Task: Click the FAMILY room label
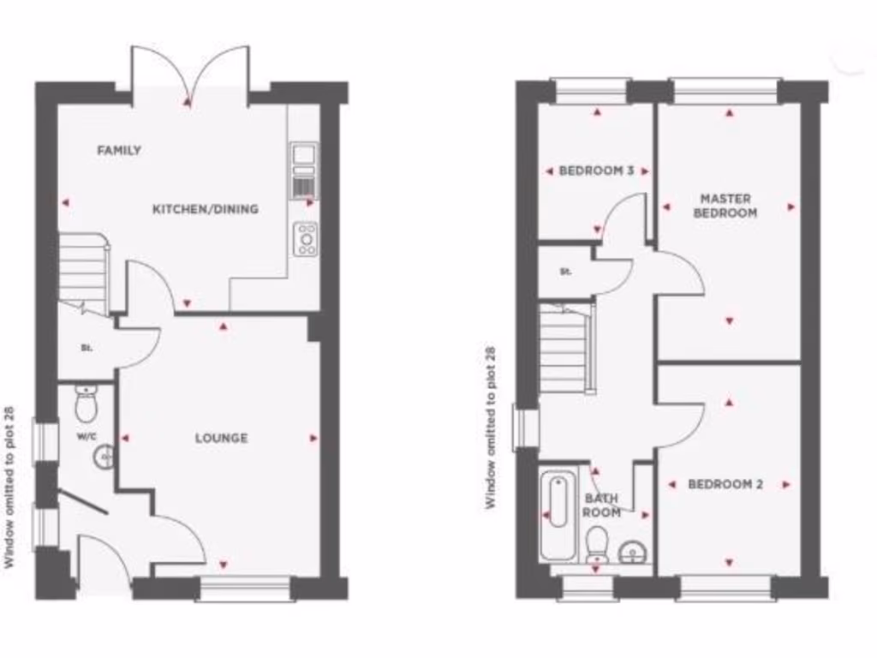(119, 151)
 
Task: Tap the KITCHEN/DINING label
(206, 209)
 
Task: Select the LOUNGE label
(221, 438)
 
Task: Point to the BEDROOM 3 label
(596, 170)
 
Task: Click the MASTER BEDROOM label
(725, 206)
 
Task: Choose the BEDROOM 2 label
(725, 484)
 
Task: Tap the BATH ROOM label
(601, 505)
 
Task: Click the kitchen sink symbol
(303, 155)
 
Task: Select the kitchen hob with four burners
(305, 239)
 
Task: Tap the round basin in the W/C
(104, 458)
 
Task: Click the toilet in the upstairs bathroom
(597, 543)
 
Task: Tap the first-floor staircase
(566, 346)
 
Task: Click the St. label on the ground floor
(86, 349)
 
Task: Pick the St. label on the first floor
(565, 272)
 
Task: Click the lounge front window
(245, 588)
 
